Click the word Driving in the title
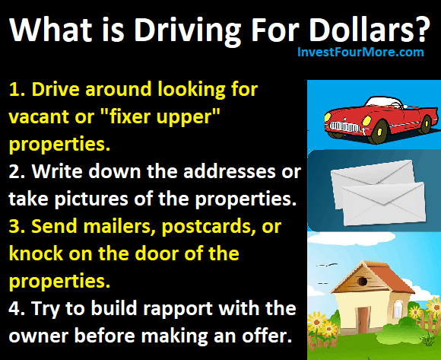click(187, 30)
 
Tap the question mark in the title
click(422, 29)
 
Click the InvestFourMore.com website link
click(360, 52)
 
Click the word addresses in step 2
click(230, 171)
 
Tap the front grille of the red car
click(344, 126)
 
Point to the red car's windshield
click(385, 103)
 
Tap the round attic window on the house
click(363, 281)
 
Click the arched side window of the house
click(398, 309)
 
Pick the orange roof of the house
click(391, 279)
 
